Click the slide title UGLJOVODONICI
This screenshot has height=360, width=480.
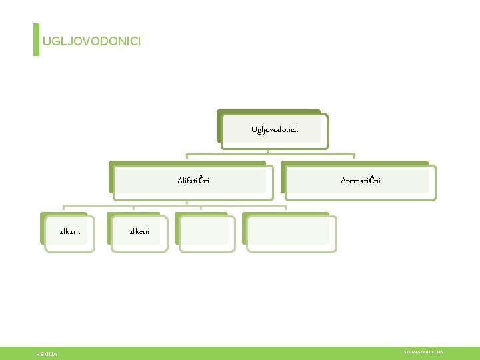[91, 41]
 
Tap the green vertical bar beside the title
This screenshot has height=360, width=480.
[36, 40]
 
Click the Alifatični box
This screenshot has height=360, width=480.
[193, 181]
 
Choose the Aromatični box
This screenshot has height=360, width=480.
[361, 181]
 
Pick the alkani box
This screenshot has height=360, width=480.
[70, 232]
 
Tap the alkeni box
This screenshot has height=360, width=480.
[139, 232]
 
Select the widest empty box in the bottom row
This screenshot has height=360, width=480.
[291, 233]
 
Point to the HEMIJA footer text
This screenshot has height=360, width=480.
[47, 354]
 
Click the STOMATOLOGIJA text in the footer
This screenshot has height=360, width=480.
[423, 351]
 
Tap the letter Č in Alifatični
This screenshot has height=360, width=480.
[202, 180]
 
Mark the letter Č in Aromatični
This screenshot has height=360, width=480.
[373, 180]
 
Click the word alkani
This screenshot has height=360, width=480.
[70, 232]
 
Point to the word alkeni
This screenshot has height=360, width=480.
[139, 232]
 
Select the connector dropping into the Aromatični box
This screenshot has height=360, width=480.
[355, 159]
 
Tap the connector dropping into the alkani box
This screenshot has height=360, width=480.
[64, 209]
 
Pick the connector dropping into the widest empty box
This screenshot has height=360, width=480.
[285, 209]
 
